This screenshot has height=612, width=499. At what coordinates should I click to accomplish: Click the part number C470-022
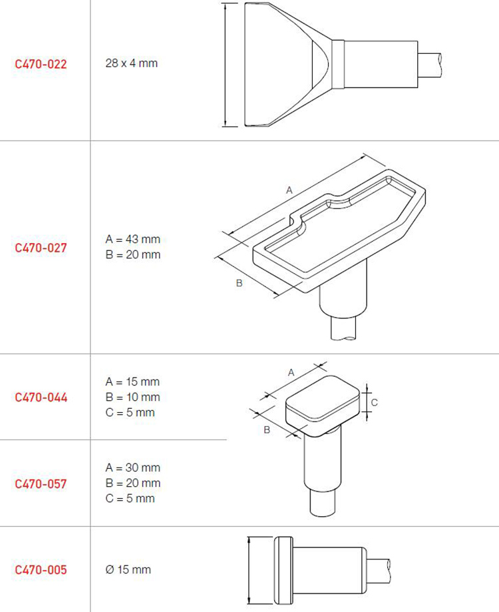pos(41,64)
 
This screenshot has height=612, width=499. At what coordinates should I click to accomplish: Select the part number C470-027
pos(41,248)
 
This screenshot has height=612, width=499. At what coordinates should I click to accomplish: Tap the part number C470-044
pos(41,398)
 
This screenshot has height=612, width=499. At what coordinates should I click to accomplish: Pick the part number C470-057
pos(41,484)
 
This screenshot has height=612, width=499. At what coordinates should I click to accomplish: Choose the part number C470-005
pos(41,570)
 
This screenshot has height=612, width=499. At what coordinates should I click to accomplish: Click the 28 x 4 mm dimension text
pos(131,63)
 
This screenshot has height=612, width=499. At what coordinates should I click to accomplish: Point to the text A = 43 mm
pos(133,239)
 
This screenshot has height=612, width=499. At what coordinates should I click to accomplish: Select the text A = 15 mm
pos(132,382)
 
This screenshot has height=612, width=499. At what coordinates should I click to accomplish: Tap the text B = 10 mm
pos(133,398)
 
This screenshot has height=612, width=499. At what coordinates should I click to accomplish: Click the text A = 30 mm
pos(133,467)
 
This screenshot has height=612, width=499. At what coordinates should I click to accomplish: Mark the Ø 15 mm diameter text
pos(128,570)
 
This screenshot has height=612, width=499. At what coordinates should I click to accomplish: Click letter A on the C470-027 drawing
pos(289,190)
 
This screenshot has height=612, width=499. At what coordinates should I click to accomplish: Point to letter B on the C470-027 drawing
pos(240,283)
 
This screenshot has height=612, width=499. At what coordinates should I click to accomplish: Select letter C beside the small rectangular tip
pos(374,402)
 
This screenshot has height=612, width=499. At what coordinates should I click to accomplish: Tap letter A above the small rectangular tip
pos(291,373)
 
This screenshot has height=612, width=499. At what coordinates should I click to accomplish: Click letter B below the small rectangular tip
pos(267,430)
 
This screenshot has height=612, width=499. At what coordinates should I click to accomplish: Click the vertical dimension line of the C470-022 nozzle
pos(226,65)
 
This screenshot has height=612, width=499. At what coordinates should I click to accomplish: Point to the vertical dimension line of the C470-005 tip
pos(249,570)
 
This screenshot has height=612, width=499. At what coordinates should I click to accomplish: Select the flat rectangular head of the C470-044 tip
pos(323,406)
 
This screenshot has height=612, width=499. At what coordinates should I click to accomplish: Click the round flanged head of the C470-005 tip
pos(283,570)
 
